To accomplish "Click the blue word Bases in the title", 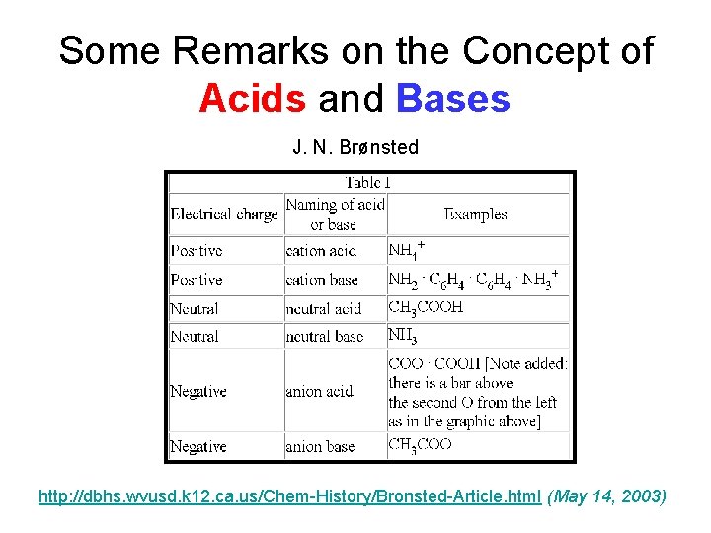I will [x=453, y=99].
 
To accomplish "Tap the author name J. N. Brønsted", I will [x=355, y=147].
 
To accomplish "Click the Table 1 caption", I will [x=368, y=183].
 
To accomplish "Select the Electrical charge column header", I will [x=225, y=214].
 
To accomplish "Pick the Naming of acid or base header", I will [x=334, y=214].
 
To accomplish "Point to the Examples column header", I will [x=476, y=214].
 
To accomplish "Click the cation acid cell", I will [x=319, y=251].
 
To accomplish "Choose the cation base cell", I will [x=322, y=280].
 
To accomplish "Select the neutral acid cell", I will [x=324, y=309].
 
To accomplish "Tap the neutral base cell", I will [x=324, y=336].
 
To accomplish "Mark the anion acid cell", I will [x=319, y=392].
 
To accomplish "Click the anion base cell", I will [x=320, y=446].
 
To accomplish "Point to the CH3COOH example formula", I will [x=426, y=307].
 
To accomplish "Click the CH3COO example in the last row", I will [x=420, y=445].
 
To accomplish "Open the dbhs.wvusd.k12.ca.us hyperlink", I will [x=289, y=495].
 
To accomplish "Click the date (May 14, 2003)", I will [x=606, y=495].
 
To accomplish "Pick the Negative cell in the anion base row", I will [x=198, y=446].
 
